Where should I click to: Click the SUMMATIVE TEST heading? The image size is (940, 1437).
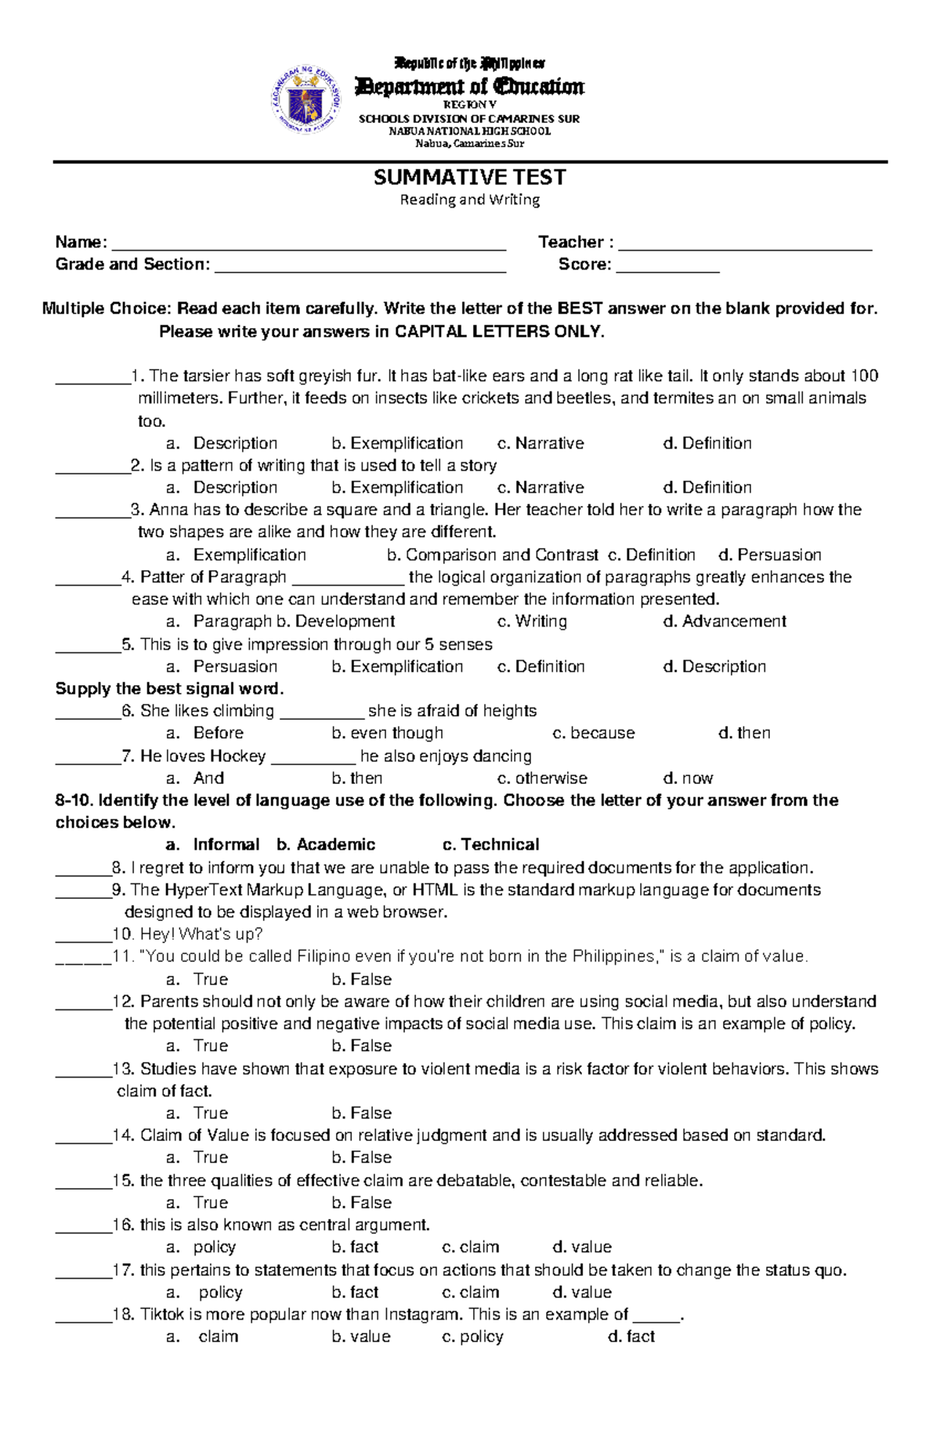pos(469,178)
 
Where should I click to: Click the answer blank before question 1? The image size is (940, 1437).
pos(92,380)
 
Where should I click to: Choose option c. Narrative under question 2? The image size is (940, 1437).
pos(541,487)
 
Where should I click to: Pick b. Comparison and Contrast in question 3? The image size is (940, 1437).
pos(493,555)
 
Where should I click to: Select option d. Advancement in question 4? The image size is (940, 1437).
pos(725,622)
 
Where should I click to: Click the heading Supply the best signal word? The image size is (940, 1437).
pos(169,689)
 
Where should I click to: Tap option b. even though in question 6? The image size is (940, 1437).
pos(387,733)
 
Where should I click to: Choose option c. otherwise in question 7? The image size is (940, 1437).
pos(542,778)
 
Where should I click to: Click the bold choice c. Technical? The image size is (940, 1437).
pos(491,845)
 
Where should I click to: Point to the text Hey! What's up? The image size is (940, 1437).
pos(201,934)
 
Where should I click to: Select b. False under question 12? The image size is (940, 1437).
pos(361,1046)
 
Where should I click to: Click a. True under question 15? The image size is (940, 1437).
pos(199,1203)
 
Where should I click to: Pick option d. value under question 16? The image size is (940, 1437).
pos(582,1247)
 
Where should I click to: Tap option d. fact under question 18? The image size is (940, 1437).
pos(631,1337)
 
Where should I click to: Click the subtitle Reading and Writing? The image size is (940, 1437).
pos(469,200)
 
